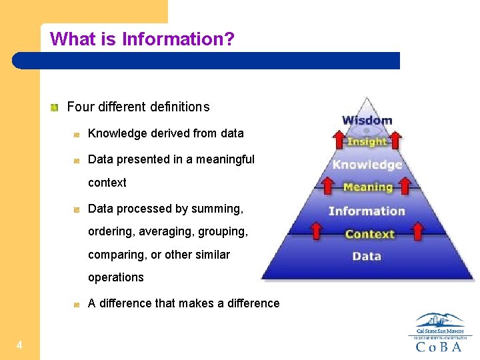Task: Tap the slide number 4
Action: coord(19,345)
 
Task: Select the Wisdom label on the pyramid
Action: coord(367,121)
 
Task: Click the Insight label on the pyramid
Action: coord(367,141)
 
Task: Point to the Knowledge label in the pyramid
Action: coord(367,165)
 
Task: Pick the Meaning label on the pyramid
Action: coord(367,187)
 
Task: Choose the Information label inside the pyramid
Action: coord(367,211)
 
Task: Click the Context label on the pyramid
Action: coord(369,234)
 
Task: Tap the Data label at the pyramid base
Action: coord(367,256)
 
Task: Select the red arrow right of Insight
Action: coord(395,140)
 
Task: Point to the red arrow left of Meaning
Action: coord(327,185)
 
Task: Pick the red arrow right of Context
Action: coord(418,231)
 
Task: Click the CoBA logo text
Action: coord(439,347)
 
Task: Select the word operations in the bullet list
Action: coord(116,277)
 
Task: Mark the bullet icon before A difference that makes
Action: coord(77,304)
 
